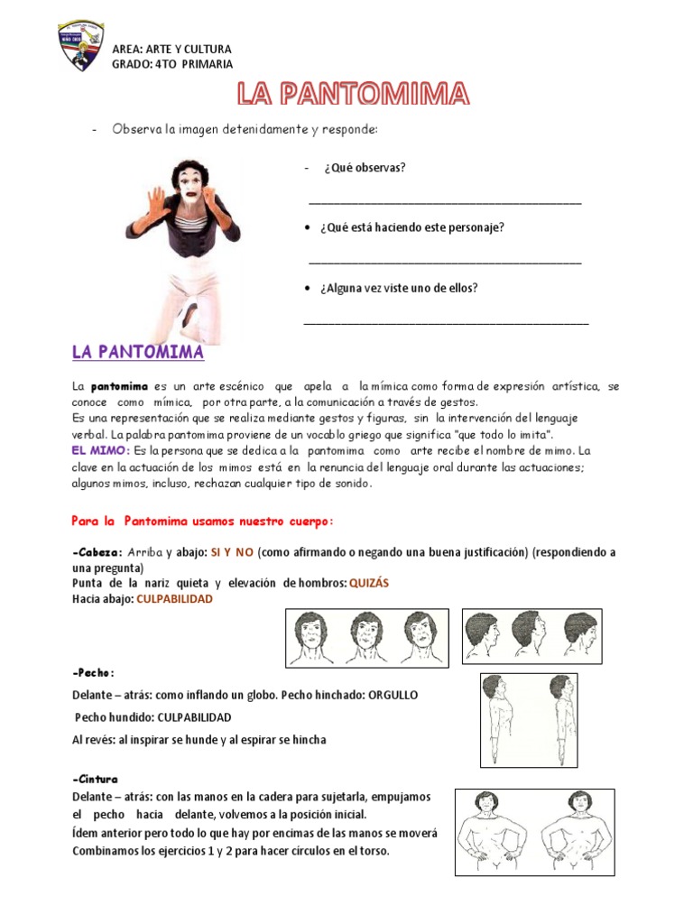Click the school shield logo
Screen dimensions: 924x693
click(x=81, y=45)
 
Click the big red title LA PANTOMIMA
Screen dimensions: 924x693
click(x=353, y=94)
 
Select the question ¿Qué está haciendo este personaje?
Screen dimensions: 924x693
click(x=411, y=227)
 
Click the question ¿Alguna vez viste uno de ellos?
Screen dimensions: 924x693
click(x=398, y=288)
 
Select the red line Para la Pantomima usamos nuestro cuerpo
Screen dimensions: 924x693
click(x=203, y=521)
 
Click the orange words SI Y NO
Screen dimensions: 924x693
click(x=233, y=552)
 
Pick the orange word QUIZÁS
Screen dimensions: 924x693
click(x=369, y=583)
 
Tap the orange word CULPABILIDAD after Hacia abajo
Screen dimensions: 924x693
click(x=174, y=598)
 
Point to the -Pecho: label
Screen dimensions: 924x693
click(x=93, y=673)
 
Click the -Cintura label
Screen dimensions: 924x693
click(x=95, y=779)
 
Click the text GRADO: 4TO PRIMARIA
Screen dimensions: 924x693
click(x=171, y=64)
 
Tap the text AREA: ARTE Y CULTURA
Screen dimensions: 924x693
click(x=171, y=49)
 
